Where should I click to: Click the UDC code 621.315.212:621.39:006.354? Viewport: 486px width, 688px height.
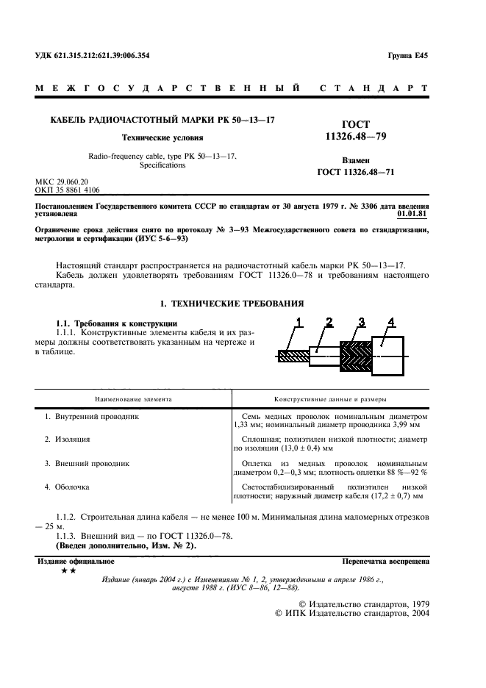(103, 56)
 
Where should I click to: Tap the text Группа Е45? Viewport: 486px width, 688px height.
(407, 56)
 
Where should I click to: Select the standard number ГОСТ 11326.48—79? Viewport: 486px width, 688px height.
(356, 131)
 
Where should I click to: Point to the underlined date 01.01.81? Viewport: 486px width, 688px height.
(414, 215)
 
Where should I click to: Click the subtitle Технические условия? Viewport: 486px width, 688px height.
(162, 137)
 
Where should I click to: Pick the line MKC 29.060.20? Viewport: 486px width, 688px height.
(62, 181)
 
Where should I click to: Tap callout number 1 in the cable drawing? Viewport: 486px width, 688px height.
(299, 320)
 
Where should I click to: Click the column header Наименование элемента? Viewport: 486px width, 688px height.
(133, 399)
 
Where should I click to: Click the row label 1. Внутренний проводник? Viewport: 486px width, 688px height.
(91, 417)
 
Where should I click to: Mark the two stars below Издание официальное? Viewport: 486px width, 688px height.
(67, 571)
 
